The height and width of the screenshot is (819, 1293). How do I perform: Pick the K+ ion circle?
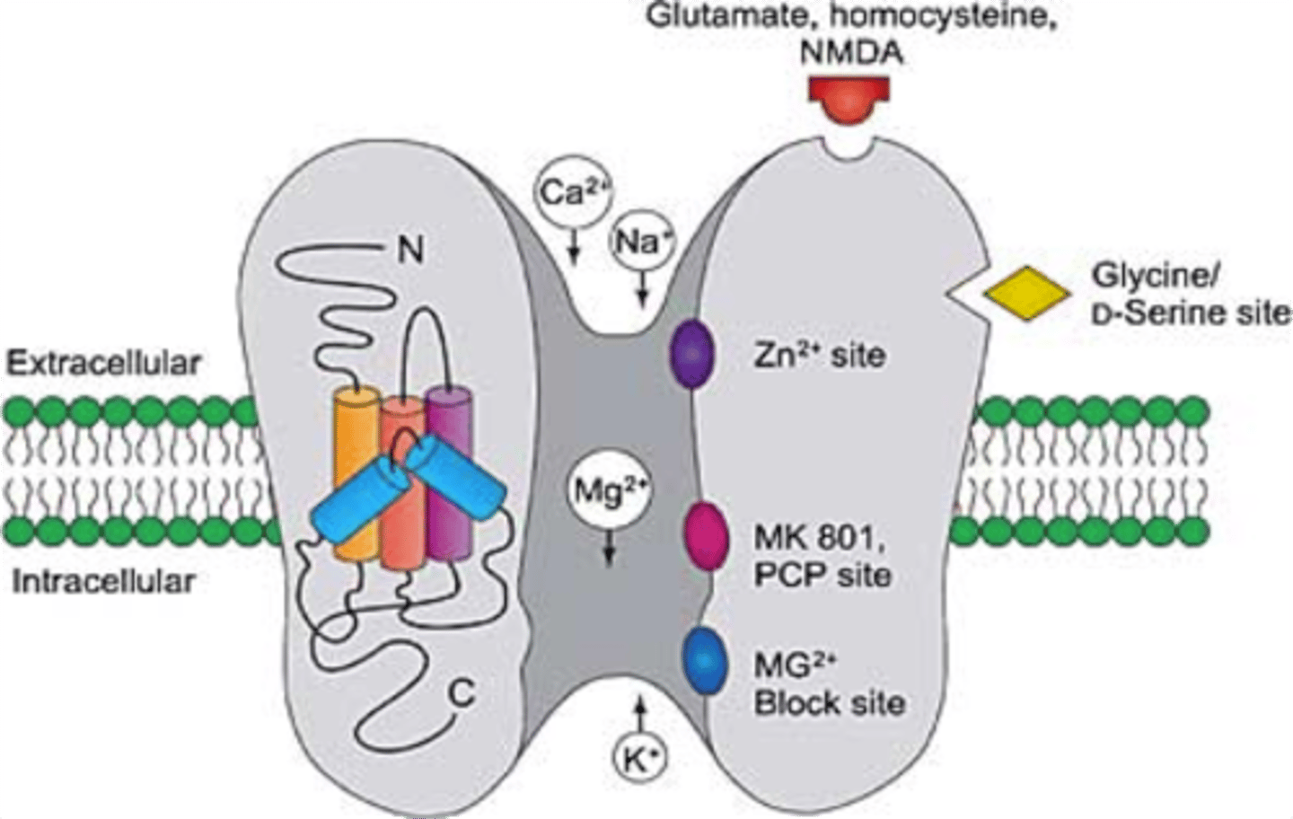pyautogui.click(x=640, y=760)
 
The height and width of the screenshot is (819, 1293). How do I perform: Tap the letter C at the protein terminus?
pyautogui.click(x=461, y=693)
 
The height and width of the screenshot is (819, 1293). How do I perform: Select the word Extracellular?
pyautogui.click(x=104, y=364)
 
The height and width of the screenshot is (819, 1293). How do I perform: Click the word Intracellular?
pyautogui.click(x=104, y=581)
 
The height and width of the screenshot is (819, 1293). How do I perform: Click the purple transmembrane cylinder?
pyautogui.click(x=449, y=467)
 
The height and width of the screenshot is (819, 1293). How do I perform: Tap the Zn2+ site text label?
pyautogui.click(x=819, y=356)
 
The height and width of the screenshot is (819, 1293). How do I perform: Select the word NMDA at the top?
pyautogui.click(x=850, y=52)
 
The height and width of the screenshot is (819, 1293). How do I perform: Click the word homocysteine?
pyautogui.click(x=963, y=17)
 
